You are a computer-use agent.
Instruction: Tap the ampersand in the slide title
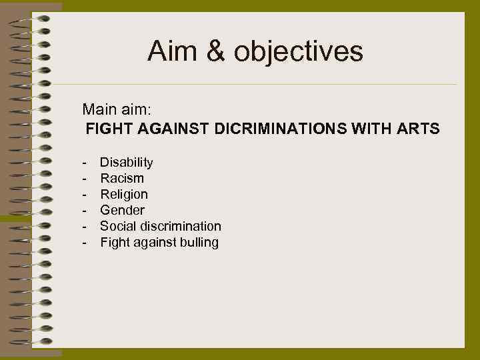tap(216, 51)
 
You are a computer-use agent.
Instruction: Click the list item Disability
tap(127, 163)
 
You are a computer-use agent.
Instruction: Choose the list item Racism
tap(122, 179)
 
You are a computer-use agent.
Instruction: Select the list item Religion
tap(124, 195)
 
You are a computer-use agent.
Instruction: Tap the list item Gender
tap(122, 211)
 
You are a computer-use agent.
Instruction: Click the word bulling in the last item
tap(199, 243)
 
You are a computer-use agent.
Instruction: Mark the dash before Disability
tap(85, 163)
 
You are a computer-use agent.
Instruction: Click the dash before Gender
tap(85, 211)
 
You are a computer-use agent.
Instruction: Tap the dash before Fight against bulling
tap(85, 243)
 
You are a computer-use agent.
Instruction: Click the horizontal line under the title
tap(253, 85)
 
